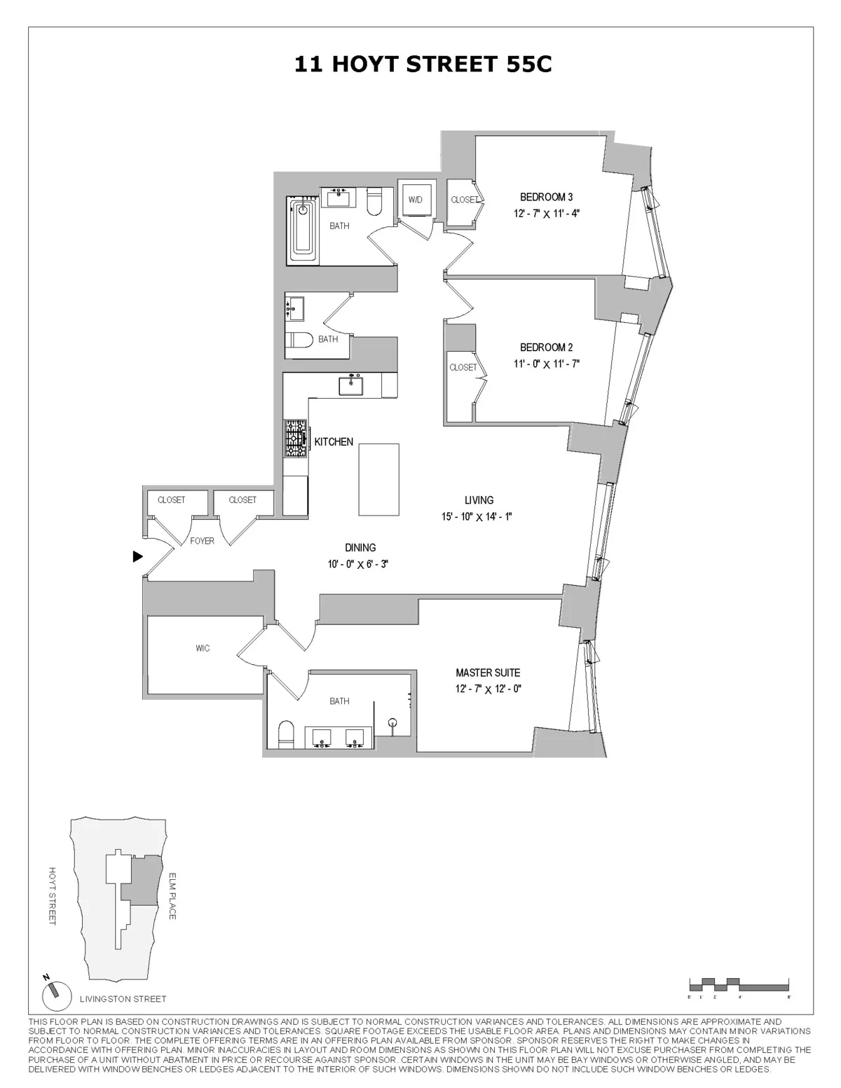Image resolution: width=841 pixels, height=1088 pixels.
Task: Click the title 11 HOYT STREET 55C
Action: (x=423, y=64)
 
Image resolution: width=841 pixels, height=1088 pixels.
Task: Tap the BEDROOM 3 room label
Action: (x=546, y=197)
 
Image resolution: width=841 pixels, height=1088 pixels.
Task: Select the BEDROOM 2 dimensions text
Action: (x=546, y=364)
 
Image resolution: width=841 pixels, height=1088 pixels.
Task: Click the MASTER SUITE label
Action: (x=488, y=673)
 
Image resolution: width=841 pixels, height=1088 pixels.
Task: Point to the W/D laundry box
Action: (x=416, y=200)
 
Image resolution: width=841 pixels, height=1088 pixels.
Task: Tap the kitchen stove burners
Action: (x=295, y=438)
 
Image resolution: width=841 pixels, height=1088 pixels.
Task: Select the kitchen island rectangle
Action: (x=378, y=479)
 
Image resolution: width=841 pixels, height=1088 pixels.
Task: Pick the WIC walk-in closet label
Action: (x=203, y=649)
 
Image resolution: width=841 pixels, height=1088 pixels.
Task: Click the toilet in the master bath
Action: (x=286, y=735)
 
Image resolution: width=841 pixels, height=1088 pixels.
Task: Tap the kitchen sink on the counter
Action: (x=350, y=385)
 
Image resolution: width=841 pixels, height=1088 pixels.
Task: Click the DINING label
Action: (x=360, y=548)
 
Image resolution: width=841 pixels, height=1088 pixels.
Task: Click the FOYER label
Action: (x=203, y=541)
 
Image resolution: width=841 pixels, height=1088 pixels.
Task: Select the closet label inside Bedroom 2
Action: (x=463, y=367)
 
